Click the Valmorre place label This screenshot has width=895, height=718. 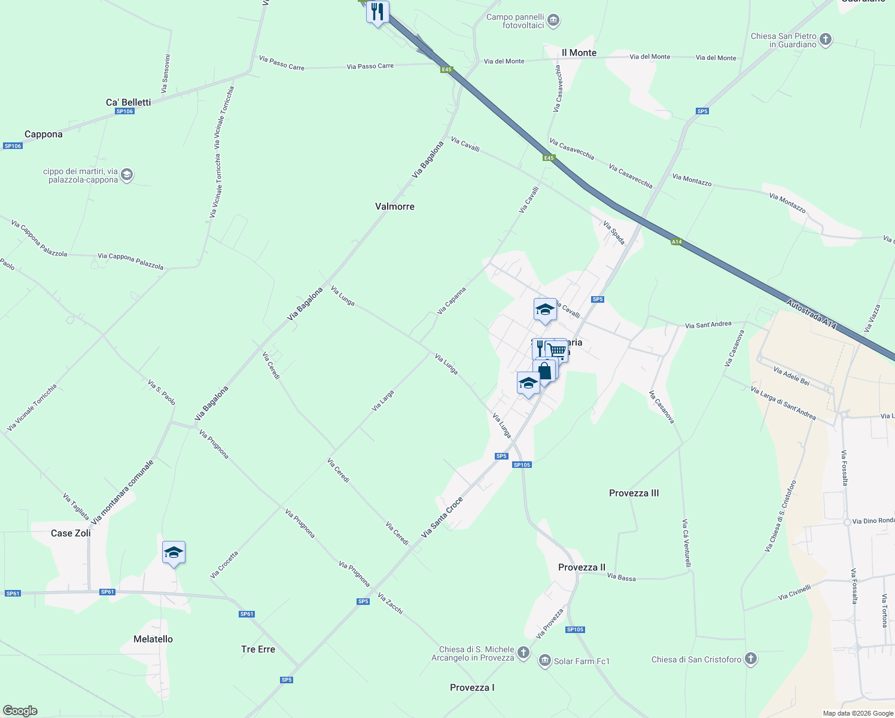pyautogui.click(x=394, y=206)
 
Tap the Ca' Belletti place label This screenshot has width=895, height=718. pyautogui.click(x=128, y=102)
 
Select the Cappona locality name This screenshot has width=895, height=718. pyautogui.click(x=43, y=134)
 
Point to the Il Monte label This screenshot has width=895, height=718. pyautogui.click(x=579, y=53)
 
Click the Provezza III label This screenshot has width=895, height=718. pyautogui.click(x=634, y=493)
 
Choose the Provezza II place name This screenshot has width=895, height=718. pyautogui.click(x=582, y=567)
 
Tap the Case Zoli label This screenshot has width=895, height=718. pyautogui.click(x=71, y=533)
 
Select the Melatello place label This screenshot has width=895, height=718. pyautogui.click(x=153, y=639)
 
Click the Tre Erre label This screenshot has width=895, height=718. pyautogui.click(x=258, y=649)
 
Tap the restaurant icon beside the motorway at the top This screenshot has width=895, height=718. pyautogui.click(x=378, y=11)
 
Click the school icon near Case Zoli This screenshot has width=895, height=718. pyautogui.click(x=173, y=552)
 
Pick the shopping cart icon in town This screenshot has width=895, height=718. pyautogui.click(x=558, y=349)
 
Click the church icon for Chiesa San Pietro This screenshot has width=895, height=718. pyautogui.click(x=826, y=40)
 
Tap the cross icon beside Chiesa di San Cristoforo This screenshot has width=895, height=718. pyautogui.click(x=750, y=659)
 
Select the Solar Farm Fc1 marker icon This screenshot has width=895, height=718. pyautogui.click(x=544, y=661)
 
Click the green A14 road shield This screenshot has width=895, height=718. pyautogui.click(x=676, y=242)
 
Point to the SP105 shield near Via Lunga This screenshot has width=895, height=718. pyautogui.click(x=522, y=465)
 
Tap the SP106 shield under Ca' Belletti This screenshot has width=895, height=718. pyautogui.click(x=124, y=111)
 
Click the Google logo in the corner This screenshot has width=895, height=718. pyautogui.click(x=20, y=711)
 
